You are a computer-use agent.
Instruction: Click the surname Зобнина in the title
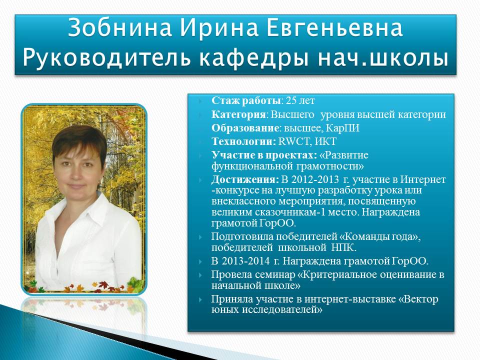coord(119,28)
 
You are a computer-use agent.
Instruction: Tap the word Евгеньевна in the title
coord(335,28)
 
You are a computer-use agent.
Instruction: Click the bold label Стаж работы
coord(246,100)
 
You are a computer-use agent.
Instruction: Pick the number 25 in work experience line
coord(291,100)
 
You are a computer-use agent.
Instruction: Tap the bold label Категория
coord(238,114)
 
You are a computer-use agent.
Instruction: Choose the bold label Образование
coord(245,128)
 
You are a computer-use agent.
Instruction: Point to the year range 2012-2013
coord(314,179)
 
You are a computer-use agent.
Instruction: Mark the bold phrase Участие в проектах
coord(264,155)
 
